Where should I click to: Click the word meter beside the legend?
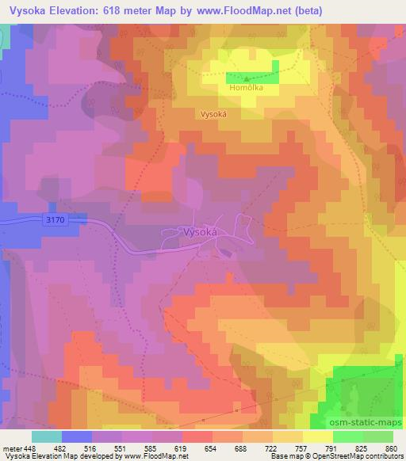pyautogui.click(x=11, y=447)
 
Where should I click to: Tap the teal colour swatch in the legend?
pyautogui.click(x=46, y=436)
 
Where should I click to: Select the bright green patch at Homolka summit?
pyautogui.click(x=253, y=77)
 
